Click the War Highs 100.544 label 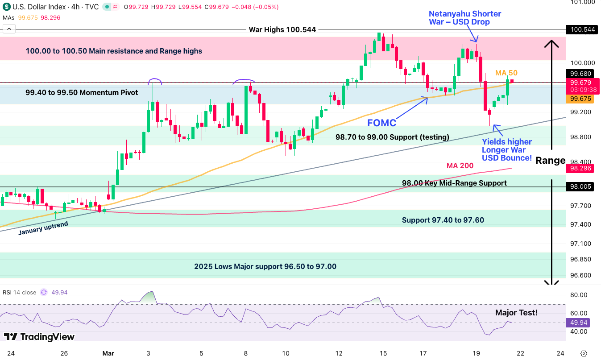click(282, 30)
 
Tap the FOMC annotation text click(381, 123)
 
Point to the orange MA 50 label click(506, 73)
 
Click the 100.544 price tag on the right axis click(580, 30)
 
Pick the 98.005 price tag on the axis click(580, 187)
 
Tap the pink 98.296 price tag click(580, 169)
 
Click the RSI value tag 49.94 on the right click(580, 323)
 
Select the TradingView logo click(39, 337)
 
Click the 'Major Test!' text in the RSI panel click(516, 313)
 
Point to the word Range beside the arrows click(550, 161)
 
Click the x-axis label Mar click(108, 353)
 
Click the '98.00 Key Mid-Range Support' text click(454, 183)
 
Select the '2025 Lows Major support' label click(265, 266)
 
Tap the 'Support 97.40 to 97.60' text click(443, 220)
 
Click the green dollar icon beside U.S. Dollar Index click(7, 7)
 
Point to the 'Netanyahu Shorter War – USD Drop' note click(464, 18)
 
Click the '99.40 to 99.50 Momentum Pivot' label click(82, 93)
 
